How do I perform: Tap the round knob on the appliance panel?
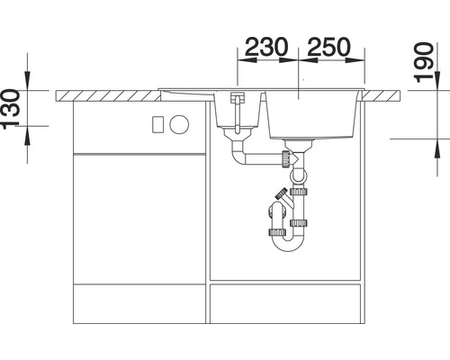[177, 124]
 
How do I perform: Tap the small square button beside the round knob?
[158, 124]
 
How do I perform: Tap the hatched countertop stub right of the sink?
[382, 93]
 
